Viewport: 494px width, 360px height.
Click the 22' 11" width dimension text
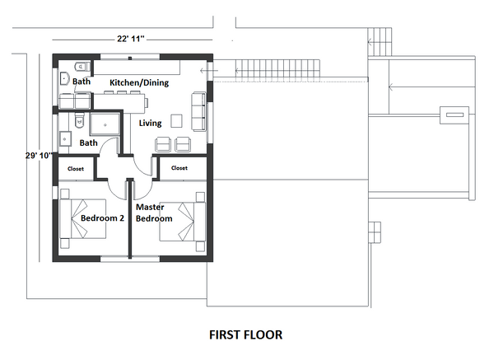[132, 38]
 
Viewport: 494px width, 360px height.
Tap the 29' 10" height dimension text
[39, 154]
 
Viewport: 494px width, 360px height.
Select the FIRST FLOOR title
[245, 335]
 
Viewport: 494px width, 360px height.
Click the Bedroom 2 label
[101, 218]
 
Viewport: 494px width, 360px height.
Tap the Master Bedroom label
[154, 213]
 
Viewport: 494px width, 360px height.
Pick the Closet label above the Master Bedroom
[179, 167]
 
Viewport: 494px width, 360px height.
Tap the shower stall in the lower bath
[105, 124]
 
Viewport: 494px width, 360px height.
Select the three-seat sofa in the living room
[198, 111]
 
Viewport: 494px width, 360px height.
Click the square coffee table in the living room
[176, 121]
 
